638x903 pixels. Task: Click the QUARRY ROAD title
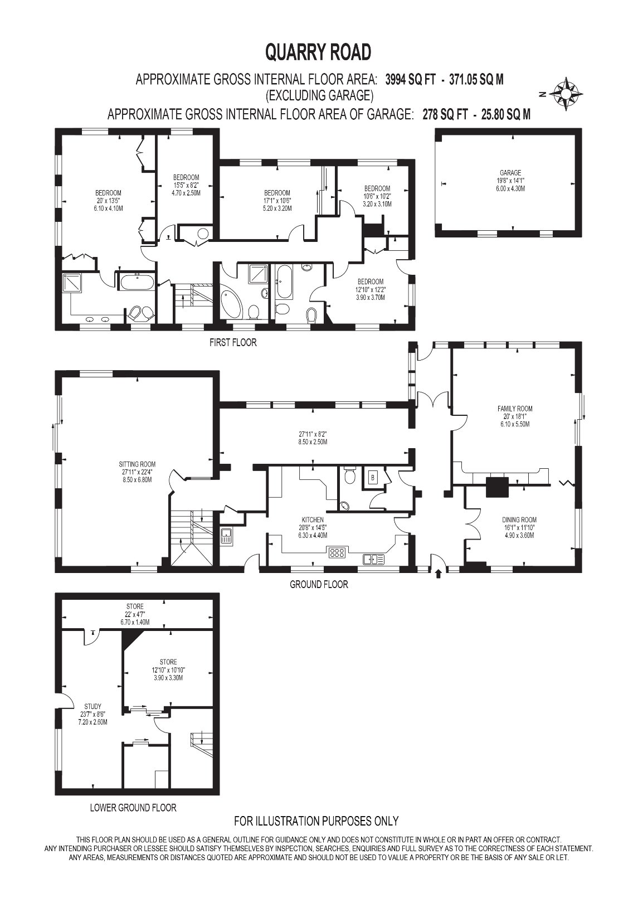[318, 52]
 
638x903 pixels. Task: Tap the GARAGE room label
[510, 173]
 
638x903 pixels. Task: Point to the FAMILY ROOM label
[515, 409]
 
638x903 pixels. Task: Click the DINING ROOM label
[519, 520]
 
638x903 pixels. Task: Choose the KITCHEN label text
[313, 520]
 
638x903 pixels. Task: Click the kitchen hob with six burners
[338, 552]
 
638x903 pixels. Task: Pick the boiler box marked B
[372, 478]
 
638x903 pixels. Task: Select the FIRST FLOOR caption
[233, 343]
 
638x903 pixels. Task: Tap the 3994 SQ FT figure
[411, 80]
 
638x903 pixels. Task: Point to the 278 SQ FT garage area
[445, 114]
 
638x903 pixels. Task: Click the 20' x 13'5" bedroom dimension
[108, 201]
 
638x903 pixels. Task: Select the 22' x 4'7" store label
[135, 614]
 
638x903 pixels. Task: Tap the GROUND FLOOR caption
[319, 584]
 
